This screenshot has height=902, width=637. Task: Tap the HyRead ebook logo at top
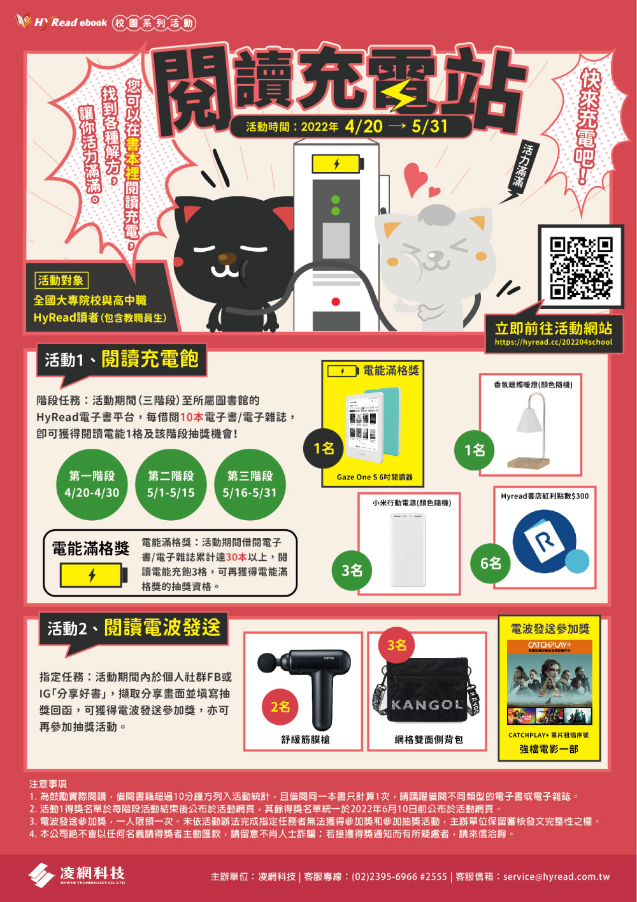click(62, 22)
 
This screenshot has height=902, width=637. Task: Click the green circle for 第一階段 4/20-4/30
click(92, 484)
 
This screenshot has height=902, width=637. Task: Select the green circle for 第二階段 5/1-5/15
click(171, 484)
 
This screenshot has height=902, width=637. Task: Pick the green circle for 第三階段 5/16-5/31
click(250, 484)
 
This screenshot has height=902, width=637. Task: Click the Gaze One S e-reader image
click(364, 425)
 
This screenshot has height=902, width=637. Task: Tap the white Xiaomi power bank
click(408, 549)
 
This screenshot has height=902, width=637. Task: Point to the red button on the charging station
click(336, 302)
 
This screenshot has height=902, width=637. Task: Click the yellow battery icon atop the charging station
click(337, 164)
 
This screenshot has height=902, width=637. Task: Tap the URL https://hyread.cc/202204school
click(553, 342)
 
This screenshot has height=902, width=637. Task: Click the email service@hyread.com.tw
click(556, 877)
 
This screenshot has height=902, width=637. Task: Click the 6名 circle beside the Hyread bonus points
click(490, 563)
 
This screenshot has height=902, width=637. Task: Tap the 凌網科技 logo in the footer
click(77, 875)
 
